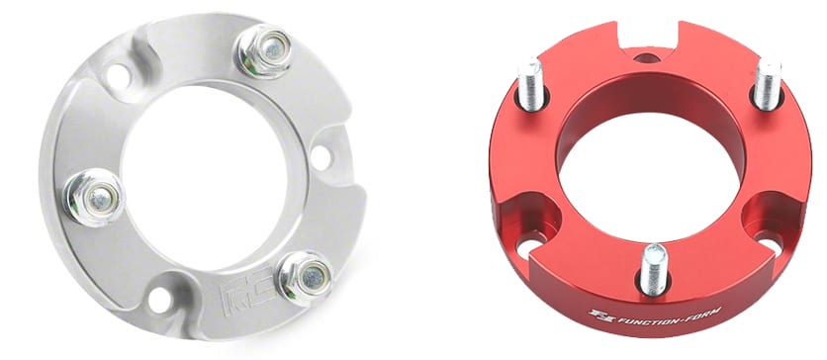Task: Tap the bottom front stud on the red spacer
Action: (653, 266)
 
